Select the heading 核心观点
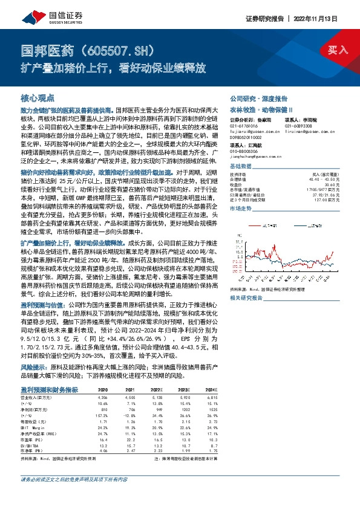pyautogui.click(x=38, y=97)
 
